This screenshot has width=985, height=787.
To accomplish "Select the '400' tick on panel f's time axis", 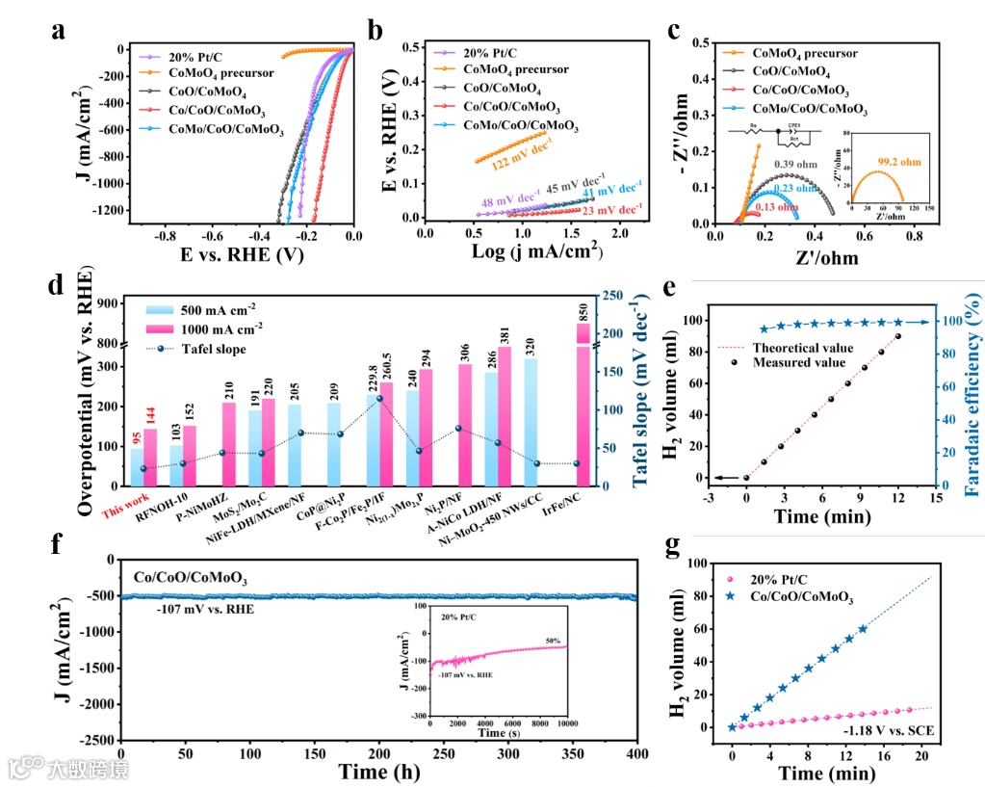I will pos(637,753).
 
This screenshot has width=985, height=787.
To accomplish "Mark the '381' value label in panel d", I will pos(505,333).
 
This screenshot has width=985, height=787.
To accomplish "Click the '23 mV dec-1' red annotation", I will pos(612,209).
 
